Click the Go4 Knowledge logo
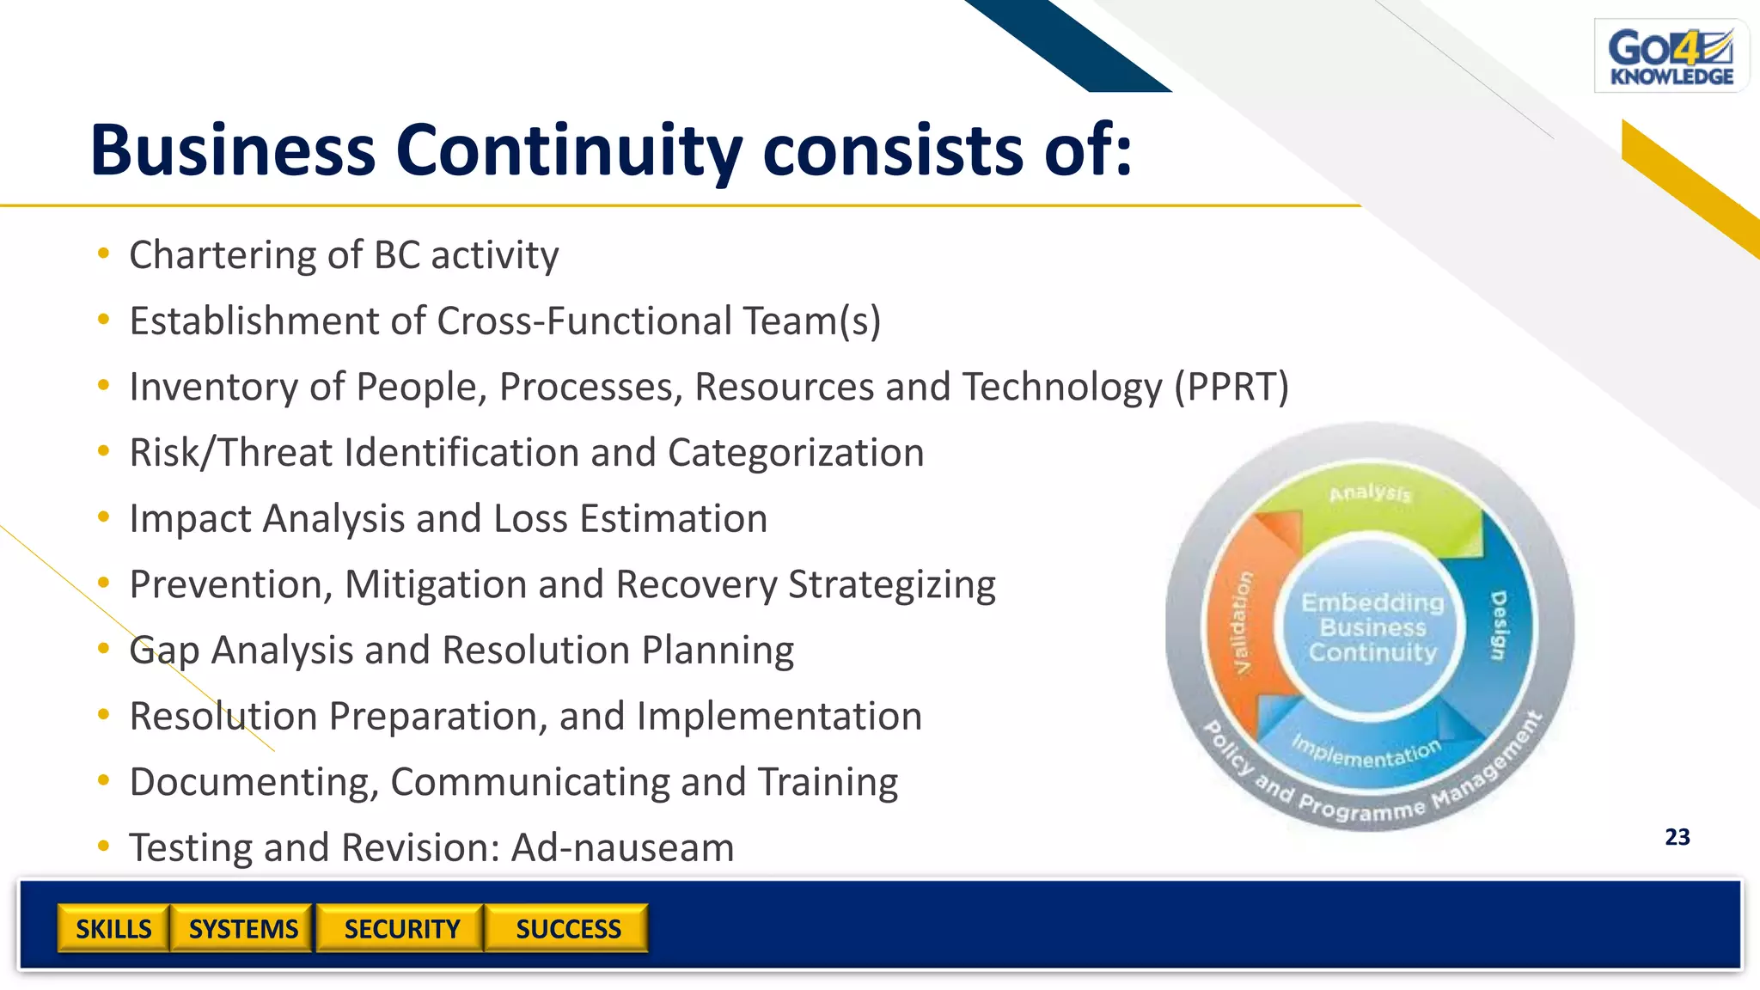click(1671, 57)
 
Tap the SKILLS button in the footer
click(113, 929)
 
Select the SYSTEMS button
click(243, 929)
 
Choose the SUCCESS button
click(568, 929)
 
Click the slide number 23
click(1677, 837)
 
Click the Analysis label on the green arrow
click(1370, 493)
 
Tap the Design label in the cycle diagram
click(1498, 626)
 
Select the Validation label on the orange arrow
click(1243, 622)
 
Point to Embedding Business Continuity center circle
click(1372, 627)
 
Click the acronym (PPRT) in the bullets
click(1231, 387)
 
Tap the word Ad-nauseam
click(622, 848)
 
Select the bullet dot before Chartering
click(104, 254)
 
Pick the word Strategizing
click(891, 585)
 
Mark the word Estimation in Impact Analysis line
click(673, 519)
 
